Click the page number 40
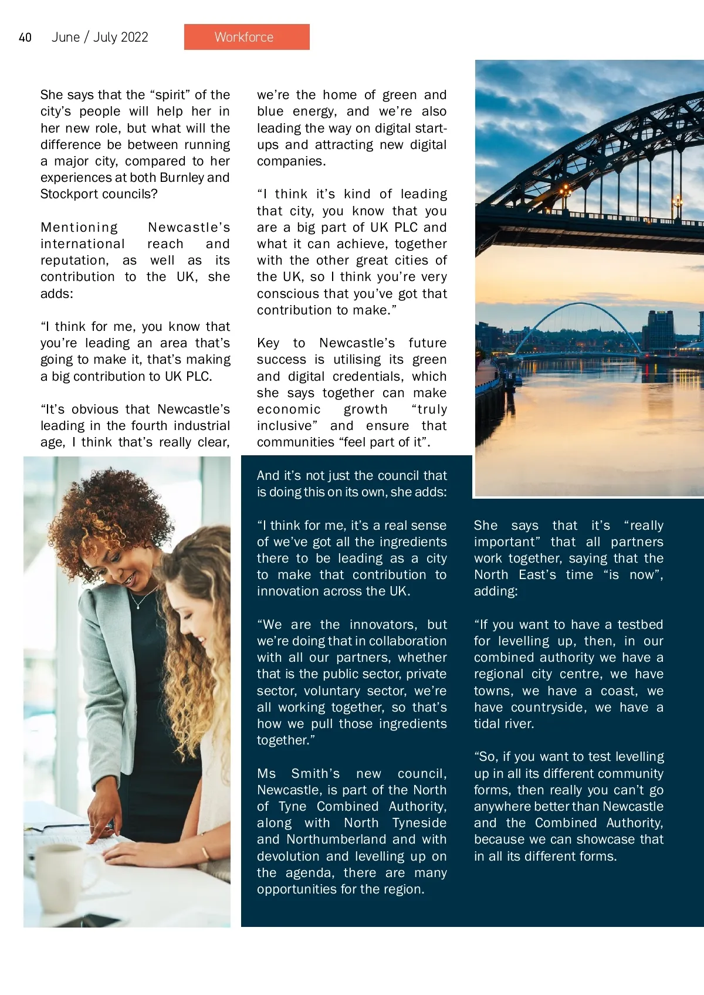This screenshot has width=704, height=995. (x=25, y=38)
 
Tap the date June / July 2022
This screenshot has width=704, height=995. (x=100, y=38)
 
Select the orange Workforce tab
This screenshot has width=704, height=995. (x=246, y=37)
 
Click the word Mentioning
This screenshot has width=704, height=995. (x=79, y=228)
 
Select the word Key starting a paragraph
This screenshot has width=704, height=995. (x=269, y=343)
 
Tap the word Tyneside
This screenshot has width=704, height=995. (x=419, y=823)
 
